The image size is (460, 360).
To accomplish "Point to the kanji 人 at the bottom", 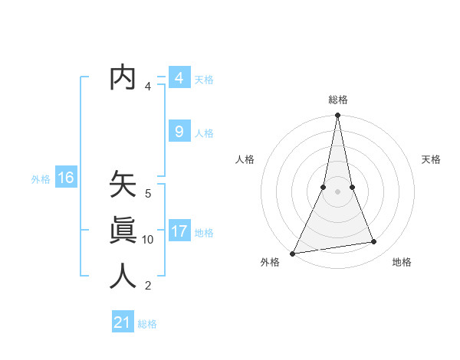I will click(x=123, y=275).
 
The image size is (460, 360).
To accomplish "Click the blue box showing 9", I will click(x=179, y=132).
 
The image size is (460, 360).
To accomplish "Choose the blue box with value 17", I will click(x=179, y=231).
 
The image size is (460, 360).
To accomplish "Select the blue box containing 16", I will click(x=65, y=178).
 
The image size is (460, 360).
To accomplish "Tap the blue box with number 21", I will click(x=123, y=322).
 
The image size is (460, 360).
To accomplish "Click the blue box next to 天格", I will click(x=179, y=78).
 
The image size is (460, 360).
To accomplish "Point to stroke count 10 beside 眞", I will click(x=148, y=240).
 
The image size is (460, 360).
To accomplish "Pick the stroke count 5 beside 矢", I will click(x=148, y=194).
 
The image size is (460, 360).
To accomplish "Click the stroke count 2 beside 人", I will click(x=148, y=286).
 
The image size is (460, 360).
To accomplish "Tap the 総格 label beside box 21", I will click(x=147, y=324).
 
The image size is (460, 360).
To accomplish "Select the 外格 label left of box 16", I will click(x=41, y=179).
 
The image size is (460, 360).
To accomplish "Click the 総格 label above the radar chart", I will click(x=338, y=100).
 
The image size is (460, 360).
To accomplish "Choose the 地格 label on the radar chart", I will click(x=402, y=263).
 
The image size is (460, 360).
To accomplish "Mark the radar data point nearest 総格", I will click(x=338, y=116).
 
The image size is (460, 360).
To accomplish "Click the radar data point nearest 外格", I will click(x=292, y=253).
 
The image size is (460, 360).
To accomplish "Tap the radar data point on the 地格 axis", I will click(x=374, y=242).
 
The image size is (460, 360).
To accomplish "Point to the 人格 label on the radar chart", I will click(x=245, y=159).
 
